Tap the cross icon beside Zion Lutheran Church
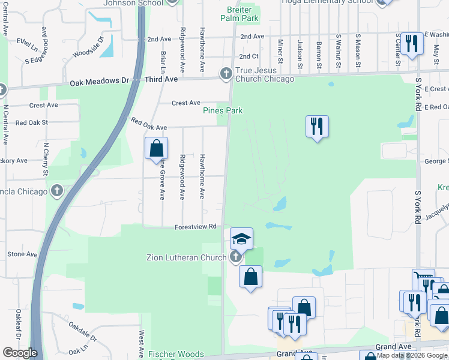click(235, 257)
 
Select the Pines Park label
click(222, 110)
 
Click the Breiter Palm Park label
click(243, 14)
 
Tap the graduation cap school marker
click(241, 239)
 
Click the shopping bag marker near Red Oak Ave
click(156, 148)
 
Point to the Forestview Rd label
click(195, 227)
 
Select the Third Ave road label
click(161, 79)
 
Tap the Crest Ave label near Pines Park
click(185, 103)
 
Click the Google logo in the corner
click(20, 353)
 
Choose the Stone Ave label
click(22, 254)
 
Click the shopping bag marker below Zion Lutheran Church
click(250, 277)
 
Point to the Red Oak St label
click(31, 122)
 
